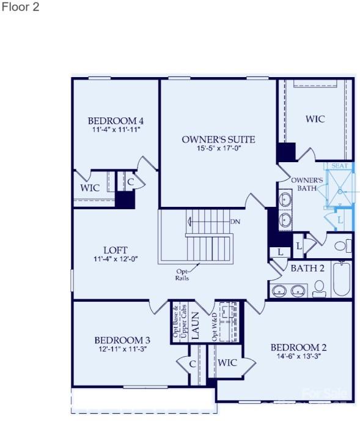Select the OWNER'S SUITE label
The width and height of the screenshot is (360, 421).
coord(218,140)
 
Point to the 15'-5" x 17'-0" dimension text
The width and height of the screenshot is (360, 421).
coord(218,149)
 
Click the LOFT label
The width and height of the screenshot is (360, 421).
coord(116,250)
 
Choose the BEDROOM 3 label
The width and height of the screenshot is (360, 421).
coord(122,340)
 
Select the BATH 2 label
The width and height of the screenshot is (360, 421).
coord(307,267)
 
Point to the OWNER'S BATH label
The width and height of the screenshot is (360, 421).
coord(307,184)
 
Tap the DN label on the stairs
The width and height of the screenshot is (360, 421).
coord(235,221)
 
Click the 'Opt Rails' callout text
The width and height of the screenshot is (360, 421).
coord(182,274)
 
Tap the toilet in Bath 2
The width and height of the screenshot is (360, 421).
coord(319,288)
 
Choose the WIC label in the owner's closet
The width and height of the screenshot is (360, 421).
coord(315,119)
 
